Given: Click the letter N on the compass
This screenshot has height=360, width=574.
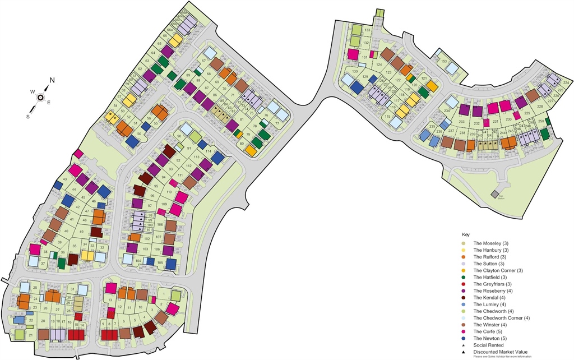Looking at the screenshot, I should click(52, 81).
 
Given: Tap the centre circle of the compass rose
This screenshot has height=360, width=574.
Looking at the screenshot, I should click(41, 97).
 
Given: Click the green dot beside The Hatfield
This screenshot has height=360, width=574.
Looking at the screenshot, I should click(462, 278).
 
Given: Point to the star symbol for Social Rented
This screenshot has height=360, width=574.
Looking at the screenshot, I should click(462, 346).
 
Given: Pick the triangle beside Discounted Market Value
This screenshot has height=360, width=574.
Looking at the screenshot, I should click(462, 353).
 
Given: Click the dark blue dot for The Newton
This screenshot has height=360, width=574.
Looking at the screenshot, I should click(462, 339).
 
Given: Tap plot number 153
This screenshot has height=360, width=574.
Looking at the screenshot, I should click(443, 61).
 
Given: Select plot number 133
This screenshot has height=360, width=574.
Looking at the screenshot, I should click(367, 30).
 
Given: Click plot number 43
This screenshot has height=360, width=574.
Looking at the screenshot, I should click(65, 179).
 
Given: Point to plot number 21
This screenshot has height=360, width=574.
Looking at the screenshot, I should click(30, 335).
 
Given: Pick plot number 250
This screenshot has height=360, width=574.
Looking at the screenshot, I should click(540, 121).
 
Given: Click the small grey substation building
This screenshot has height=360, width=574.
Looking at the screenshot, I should click(495, 194).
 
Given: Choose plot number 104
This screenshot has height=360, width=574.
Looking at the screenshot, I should click(138, 261).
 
